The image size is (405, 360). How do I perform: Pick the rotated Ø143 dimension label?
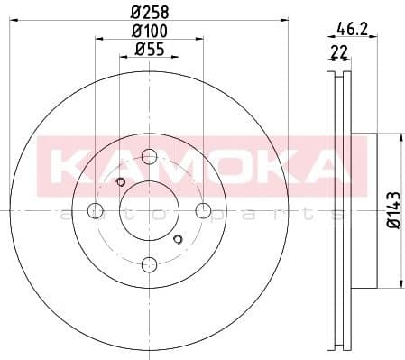(x=391, y=210)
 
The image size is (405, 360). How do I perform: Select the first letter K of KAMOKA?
(x=73, y=165)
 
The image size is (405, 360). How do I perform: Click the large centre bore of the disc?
(x=149, y=211)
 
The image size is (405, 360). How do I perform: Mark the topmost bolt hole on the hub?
(x=149, y=157)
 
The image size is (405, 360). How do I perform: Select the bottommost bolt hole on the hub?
(x=149, y=264)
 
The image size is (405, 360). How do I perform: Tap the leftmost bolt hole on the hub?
(x=95, y=211)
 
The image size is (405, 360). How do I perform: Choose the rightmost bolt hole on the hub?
(x=202, y=211)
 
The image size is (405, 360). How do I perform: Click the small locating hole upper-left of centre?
(x=121, y=183)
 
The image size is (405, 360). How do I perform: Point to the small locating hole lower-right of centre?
(x=177, y=238)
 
